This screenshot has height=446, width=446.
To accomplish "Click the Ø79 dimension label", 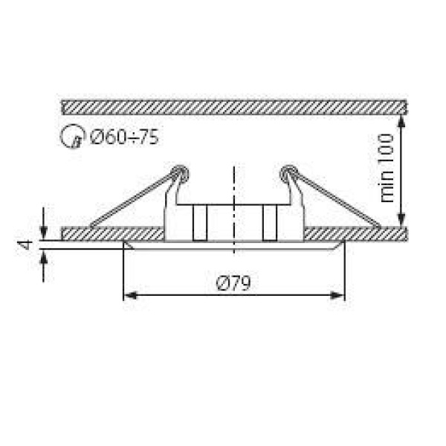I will click(x=233, y=282).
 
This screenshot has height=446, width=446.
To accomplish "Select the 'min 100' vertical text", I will click(x=387, y=169).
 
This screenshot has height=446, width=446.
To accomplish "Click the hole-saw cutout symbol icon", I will click(x=71, y=137).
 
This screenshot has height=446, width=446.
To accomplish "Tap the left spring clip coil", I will click(x=179, y=174).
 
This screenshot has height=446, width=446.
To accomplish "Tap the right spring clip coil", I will click(x=287, y=174).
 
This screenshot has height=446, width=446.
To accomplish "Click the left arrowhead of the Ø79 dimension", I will click(x=129, y=296).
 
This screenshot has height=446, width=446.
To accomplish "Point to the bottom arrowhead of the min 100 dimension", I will click(x=402, y=221).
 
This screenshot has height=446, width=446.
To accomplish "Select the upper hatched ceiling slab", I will click(x=234, y=106).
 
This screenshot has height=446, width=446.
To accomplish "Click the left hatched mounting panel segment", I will click(x=111, y=234).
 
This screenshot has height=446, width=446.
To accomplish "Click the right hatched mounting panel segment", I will click(x=355, y=234).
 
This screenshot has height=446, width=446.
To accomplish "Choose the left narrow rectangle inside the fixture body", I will click(x=198, y=223).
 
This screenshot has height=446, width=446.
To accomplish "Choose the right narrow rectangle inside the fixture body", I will click(x=269, y=223).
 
